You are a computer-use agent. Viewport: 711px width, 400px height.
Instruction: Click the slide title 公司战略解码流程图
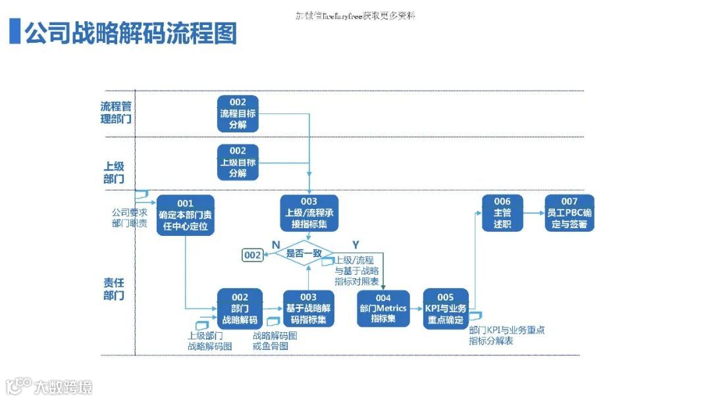[x=130, y=32]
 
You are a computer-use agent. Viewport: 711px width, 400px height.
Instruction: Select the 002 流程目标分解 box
[x=238, y=113]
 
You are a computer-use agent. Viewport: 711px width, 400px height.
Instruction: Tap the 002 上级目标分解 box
[x=238, y=162]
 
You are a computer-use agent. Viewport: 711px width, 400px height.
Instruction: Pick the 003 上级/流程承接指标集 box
[x=309, y=213]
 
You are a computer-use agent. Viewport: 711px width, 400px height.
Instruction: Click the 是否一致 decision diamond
[x=303, y=253]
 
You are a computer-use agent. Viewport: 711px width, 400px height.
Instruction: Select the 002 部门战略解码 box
[x=240, y=308]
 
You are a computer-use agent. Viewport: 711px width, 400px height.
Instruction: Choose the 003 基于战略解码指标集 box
[x=309, y=308]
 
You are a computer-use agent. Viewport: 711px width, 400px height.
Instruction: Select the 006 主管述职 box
[x=502, y=213]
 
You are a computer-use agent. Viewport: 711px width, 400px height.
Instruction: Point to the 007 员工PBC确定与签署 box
[x=569, y=213]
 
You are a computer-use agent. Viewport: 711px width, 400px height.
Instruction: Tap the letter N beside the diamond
[x=276, y=244]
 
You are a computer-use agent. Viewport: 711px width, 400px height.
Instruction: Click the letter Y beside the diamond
[x=355, y=244]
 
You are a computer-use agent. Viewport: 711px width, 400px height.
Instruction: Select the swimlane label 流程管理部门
[x=116, y=113]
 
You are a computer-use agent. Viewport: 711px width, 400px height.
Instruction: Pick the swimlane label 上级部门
[x=113, y=173]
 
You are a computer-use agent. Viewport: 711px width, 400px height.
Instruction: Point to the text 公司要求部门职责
[x=129, y=218]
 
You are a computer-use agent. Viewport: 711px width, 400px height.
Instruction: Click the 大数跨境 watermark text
[x=64, y=387]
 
